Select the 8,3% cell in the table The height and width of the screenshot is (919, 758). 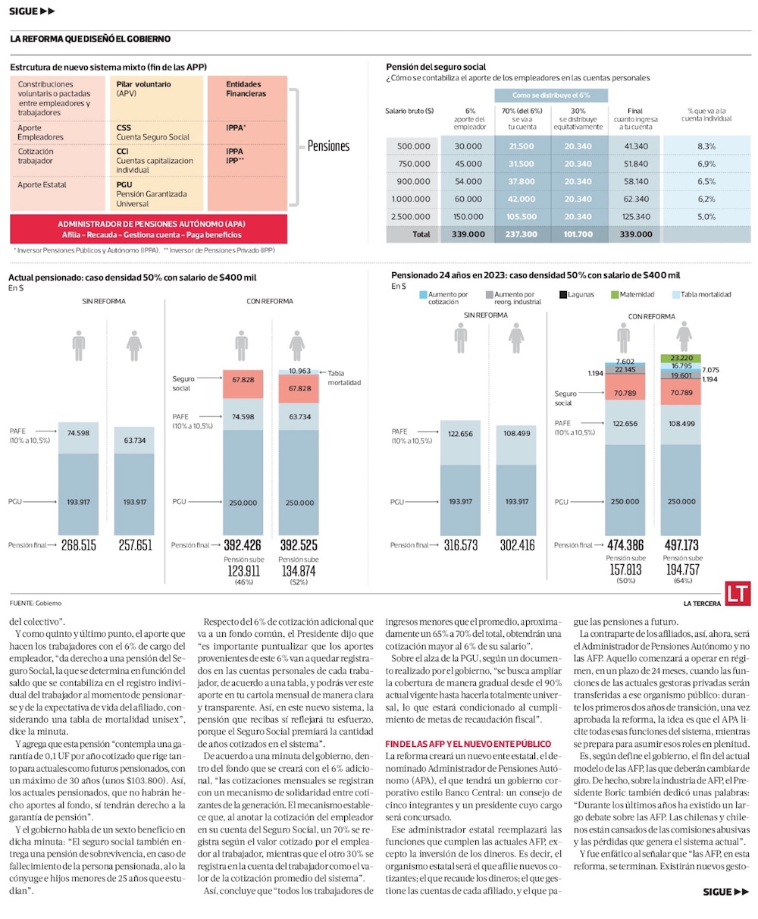pyautogui.click(x=706, y=146)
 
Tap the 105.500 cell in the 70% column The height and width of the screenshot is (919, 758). pyautogui.click(x=521, y=217)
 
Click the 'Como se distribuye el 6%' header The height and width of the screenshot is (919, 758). pyautogui.click(x=550, y=96)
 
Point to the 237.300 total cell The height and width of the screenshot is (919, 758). pyautogui.click(x=521, y=234)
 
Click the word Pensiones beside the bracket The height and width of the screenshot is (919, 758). pyautogui.click(x=328, y=146)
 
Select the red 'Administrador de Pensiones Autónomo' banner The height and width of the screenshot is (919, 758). pyautogui.click(x=149, y=229)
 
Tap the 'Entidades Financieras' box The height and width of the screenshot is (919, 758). pyautogui.click(x=246, y=89)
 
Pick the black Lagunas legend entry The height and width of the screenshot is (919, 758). pyautogui.click(x=578, y=294)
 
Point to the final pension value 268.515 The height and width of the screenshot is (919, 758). pyautogui.click(x=79, y=544)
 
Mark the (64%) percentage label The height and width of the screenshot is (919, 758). pyautogui.click(x=684, y=581)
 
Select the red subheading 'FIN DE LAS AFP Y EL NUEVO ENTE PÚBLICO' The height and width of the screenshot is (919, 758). pyautogui.click(x=468, y=744)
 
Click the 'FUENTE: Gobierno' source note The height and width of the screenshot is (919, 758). pyautogui.click(x=37, y=604)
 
